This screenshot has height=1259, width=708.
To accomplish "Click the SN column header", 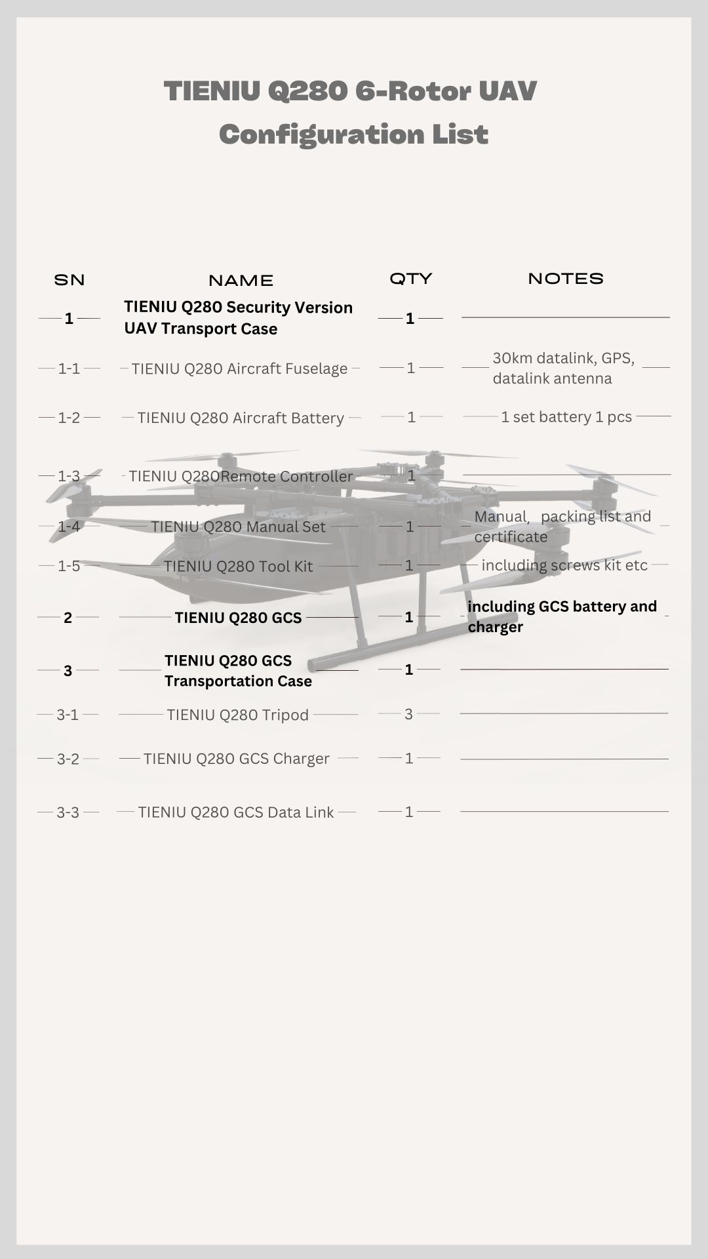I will [69, 280].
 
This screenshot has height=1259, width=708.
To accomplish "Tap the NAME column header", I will [241, 281].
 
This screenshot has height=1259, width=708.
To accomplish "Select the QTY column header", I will [411, 279].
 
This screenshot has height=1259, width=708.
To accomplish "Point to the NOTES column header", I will [566, 279].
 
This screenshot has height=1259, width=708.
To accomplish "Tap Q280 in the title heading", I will [307, 91].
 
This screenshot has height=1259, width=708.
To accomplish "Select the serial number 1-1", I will [69, 369].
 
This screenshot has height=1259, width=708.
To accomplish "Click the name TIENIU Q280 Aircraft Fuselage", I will [239, 369].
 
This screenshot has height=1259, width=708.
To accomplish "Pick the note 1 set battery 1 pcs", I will [566, 417].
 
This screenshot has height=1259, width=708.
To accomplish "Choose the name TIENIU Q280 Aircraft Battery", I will [241, 418].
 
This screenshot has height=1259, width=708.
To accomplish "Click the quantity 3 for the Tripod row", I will [408, 714].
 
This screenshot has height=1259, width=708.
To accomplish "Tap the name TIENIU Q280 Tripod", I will [237, 715].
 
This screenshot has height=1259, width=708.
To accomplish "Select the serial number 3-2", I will [68, 759].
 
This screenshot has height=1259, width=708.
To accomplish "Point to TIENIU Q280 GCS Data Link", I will [236, 812].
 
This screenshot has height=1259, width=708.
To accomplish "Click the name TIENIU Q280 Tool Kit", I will [238, 566].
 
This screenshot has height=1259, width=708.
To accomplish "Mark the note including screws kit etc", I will [564, 565].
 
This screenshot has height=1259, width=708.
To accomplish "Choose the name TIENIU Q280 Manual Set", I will [238, 527].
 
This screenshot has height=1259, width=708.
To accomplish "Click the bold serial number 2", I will [68, 618].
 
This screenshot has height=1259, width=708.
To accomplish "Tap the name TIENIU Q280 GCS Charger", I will [236, 759].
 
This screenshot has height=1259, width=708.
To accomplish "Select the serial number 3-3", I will [68, 812].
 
